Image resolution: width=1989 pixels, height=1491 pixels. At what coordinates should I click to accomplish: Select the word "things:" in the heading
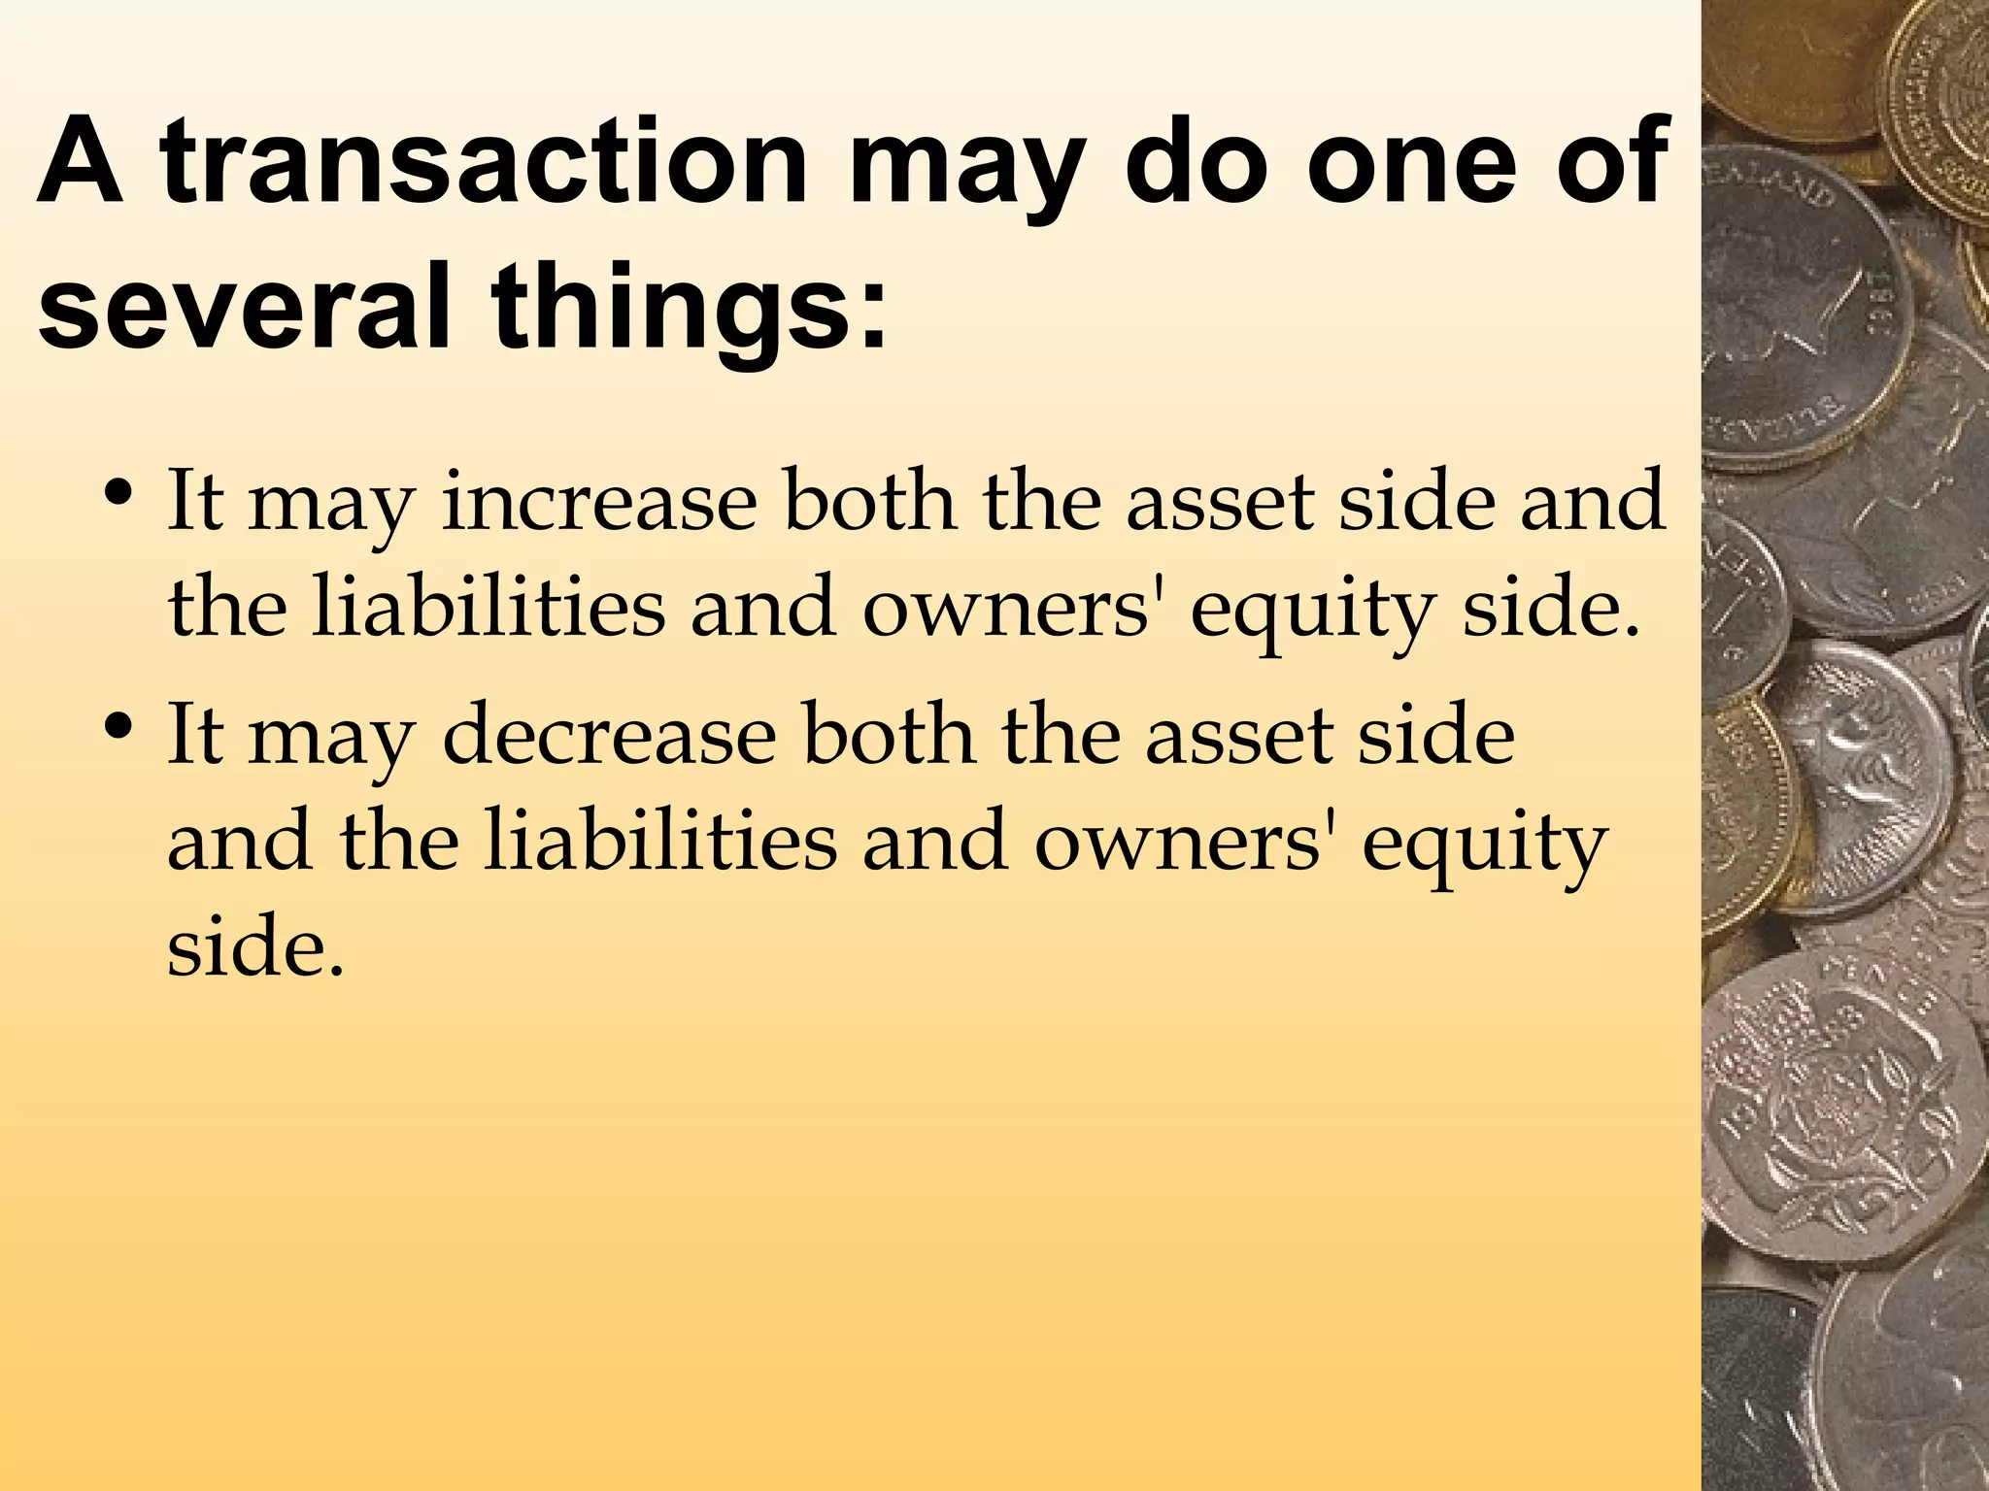pos(690,309)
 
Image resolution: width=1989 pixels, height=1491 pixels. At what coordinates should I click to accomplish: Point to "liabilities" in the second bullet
pos(659,841)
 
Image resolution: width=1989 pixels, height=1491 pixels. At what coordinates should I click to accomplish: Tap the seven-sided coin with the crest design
pos(1836,1116)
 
